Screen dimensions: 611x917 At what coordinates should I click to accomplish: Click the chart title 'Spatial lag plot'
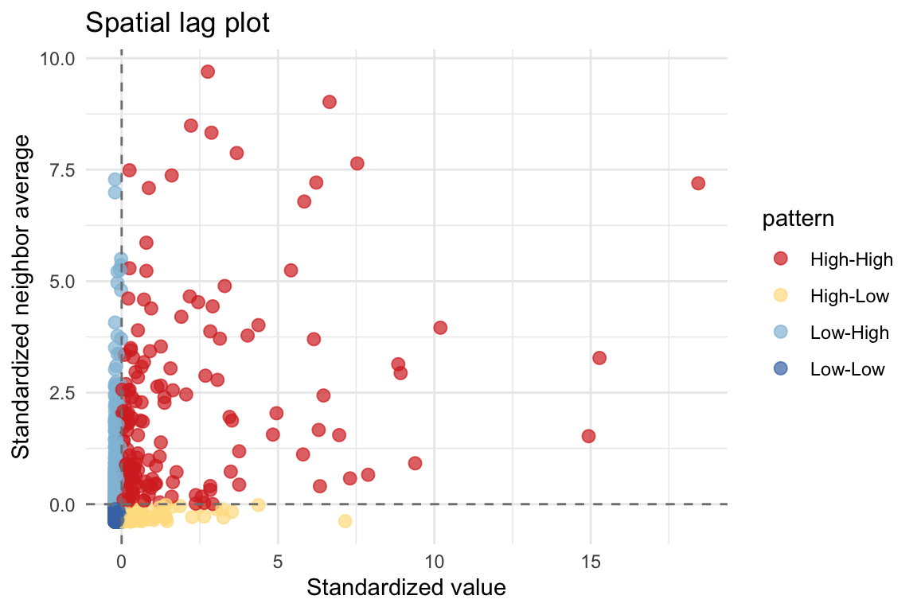178,23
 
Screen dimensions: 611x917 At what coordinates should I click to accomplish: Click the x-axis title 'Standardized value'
406,588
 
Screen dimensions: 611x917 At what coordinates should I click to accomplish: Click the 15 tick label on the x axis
590,562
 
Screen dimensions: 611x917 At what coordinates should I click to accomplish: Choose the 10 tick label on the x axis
434,562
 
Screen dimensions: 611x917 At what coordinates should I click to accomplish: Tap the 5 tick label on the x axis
278,562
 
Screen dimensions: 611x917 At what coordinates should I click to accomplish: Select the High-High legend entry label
851,259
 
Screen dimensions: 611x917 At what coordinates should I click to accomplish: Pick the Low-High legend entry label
849,333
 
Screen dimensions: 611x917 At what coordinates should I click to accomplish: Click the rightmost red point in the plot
698,183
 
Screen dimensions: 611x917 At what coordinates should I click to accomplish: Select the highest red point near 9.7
208,72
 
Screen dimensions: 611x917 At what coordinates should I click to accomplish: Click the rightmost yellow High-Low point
345,521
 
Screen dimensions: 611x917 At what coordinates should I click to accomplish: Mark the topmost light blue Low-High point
115,180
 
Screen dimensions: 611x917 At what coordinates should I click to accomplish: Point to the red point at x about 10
440,328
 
